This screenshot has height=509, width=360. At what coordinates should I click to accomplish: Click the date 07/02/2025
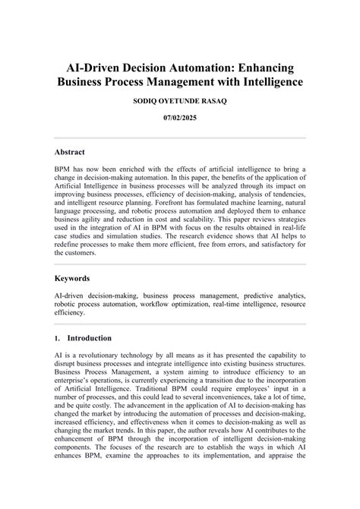[180, 119]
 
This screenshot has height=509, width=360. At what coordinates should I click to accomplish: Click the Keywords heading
[74, 278]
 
